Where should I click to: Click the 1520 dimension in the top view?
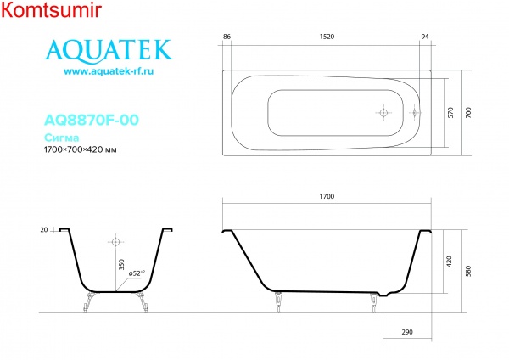coord(327,37)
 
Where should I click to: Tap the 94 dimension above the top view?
coord(425,37)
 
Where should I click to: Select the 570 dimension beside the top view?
coord(451,112)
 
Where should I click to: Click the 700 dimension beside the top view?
coord(469,112)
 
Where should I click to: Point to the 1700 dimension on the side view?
coord(327,196)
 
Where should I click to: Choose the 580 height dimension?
coord(469,272)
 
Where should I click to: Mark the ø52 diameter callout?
coord(137,273)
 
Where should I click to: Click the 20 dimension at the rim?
coord(43,230)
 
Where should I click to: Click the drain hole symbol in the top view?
coord(383,112)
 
